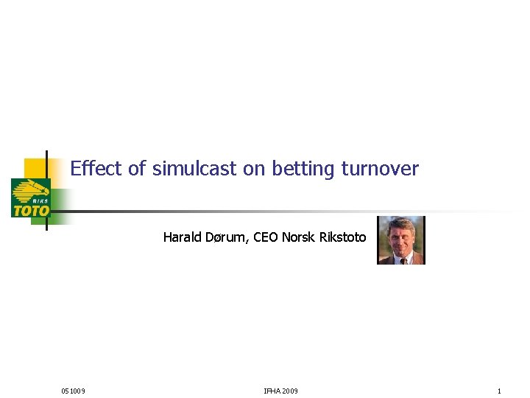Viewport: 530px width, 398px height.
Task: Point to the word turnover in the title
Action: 380,169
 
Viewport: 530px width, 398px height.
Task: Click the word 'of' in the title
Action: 138,169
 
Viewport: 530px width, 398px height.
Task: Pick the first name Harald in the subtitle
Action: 181,237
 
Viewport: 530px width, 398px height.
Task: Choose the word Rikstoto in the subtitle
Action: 342,237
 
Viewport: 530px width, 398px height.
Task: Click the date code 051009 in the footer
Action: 73,391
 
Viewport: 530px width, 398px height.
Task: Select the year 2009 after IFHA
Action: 290,391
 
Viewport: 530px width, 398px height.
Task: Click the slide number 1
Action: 499,391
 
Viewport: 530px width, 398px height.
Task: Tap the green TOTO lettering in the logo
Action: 31,211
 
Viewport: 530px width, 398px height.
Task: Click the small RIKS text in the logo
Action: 40,200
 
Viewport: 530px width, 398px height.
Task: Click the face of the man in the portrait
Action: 401,235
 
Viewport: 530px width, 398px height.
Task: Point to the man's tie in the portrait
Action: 403,259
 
